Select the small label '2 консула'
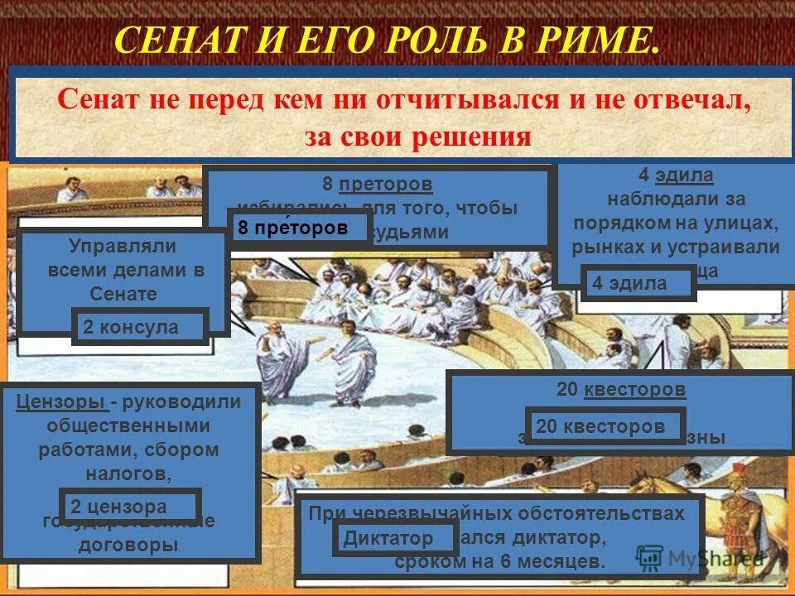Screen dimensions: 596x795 coord(138,327)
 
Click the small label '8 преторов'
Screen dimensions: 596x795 coord(299,228)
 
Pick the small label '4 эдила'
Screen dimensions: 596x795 coord(636,283)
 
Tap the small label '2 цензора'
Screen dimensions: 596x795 coord(130,506)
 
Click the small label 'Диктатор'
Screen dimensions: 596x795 coord(394,539)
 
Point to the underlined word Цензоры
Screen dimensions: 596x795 coord(60,402)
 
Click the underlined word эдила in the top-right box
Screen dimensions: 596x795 coord(684,175)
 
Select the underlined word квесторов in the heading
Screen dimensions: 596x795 coord(634,389)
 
